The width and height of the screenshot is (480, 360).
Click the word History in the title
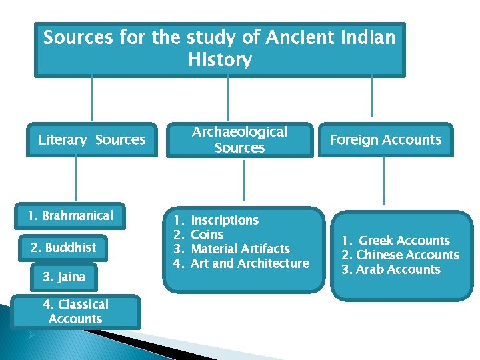[220, 60]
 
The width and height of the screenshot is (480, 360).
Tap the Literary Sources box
[91, 140]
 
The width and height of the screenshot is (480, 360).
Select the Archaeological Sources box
[239, 140]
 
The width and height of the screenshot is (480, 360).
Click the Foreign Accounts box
[385, 140]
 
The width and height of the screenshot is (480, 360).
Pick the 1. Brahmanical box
[70, 215]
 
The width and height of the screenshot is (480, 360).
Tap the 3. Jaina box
[64, 276]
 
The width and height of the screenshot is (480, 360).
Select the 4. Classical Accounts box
[75, 311]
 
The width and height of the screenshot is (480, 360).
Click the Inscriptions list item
[225, 220]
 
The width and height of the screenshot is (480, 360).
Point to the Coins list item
[207, 235]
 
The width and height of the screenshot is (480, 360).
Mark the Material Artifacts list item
[240, 249]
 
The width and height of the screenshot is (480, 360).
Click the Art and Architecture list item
[250, 263]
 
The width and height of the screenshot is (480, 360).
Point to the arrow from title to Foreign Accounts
[372, 97]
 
